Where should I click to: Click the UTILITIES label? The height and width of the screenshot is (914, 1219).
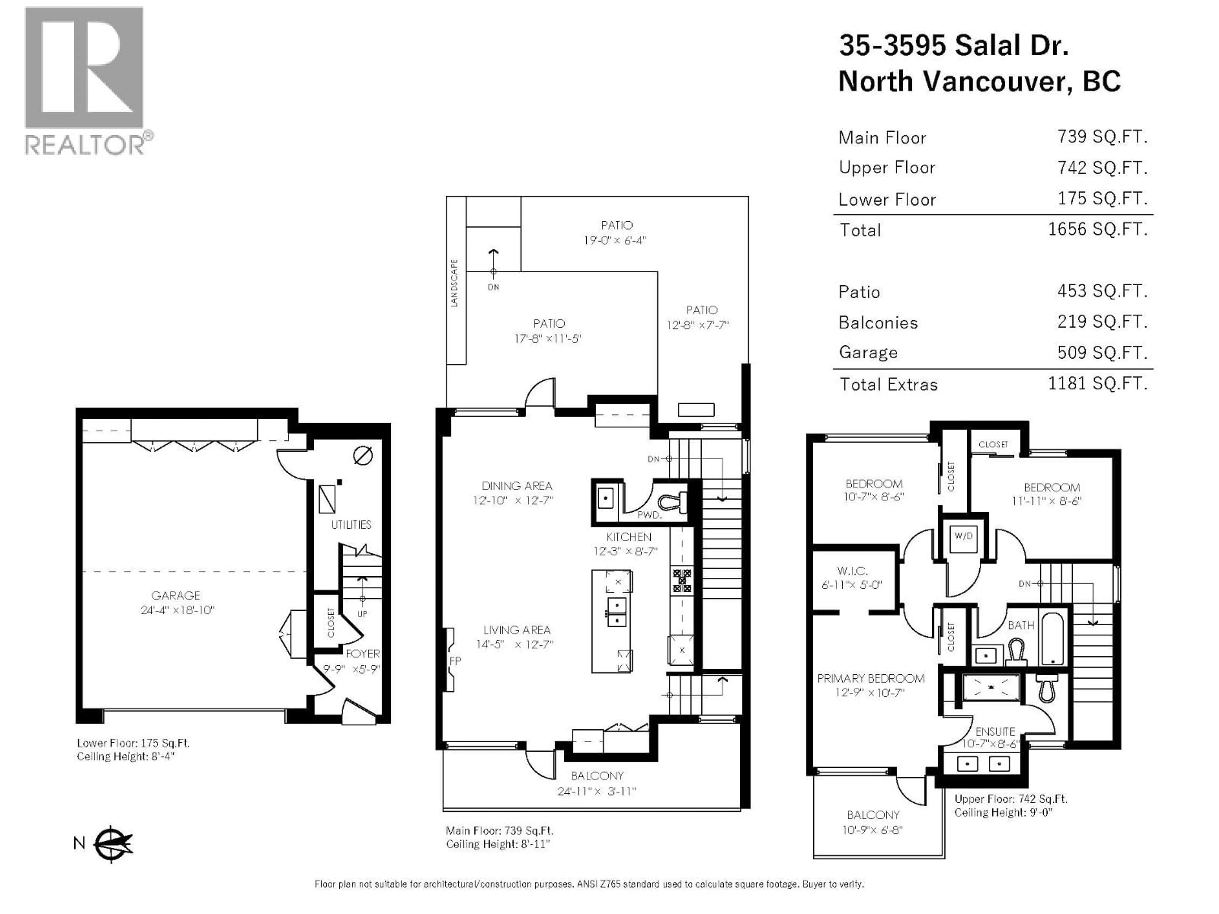[x=351, y=525]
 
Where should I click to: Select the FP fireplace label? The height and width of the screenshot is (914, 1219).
[x=455, y=660]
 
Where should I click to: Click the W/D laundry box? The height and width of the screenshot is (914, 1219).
[x=963, y=535]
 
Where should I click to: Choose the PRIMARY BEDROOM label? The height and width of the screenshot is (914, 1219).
[x=871, y=678]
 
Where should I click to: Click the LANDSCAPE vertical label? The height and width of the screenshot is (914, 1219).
[x=455, y=283]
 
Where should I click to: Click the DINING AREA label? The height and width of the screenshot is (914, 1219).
[x=516, y=486]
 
